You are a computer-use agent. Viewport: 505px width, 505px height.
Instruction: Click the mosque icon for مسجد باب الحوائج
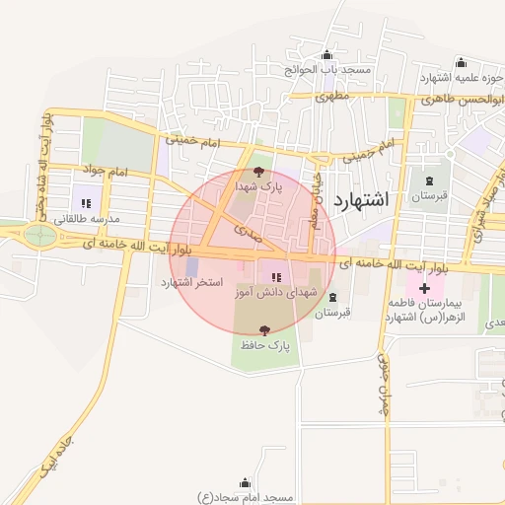(327, 55)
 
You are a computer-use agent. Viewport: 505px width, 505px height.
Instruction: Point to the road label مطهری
(332, 97)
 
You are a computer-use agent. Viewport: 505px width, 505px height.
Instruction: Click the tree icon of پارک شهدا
(259, 172)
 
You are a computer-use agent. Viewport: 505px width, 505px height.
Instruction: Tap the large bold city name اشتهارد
(361, 200)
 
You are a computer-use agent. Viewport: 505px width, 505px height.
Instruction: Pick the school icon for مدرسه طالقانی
(86, 203)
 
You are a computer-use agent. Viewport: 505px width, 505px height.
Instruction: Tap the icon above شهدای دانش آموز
(276, 277)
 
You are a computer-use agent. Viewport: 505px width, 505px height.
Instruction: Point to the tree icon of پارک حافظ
(263, 331)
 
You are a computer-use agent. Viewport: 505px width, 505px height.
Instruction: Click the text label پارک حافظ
(263, 347)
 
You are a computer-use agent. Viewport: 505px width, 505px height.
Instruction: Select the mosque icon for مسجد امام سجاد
(245, 483)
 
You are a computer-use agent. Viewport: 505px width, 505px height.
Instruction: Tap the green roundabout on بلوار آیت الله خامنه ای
(40, 235)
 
